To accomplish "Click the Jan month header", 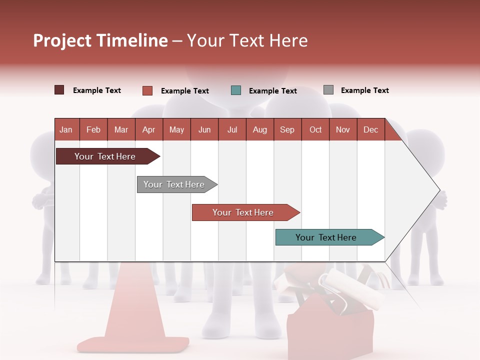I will [x=66, y=129].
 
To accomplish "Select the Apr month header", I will [x=148, y=129].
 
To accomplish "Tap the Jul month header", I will [x=232, y=129].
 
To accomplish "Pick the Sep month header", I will [x=287, y=129].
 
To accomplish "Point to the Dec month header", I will [x=370, y=129].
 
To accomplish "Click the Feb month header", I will [x=93, y=129].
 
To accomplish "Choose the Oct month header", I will [x=315, y=129].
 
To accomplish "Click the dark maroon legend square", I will [x=59, y=90].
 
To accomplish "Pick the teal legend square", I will [x=236, y=90].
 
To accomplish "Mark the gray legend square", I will [x=328, y=90].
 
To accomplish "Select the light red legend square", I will [x=147, y=90].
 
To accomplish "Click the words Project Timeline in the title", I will [x=100, y=40].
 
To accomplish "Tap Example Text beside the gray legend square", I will [x=364, y=90].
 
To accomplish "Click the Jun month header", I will [x=204, y=129].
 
